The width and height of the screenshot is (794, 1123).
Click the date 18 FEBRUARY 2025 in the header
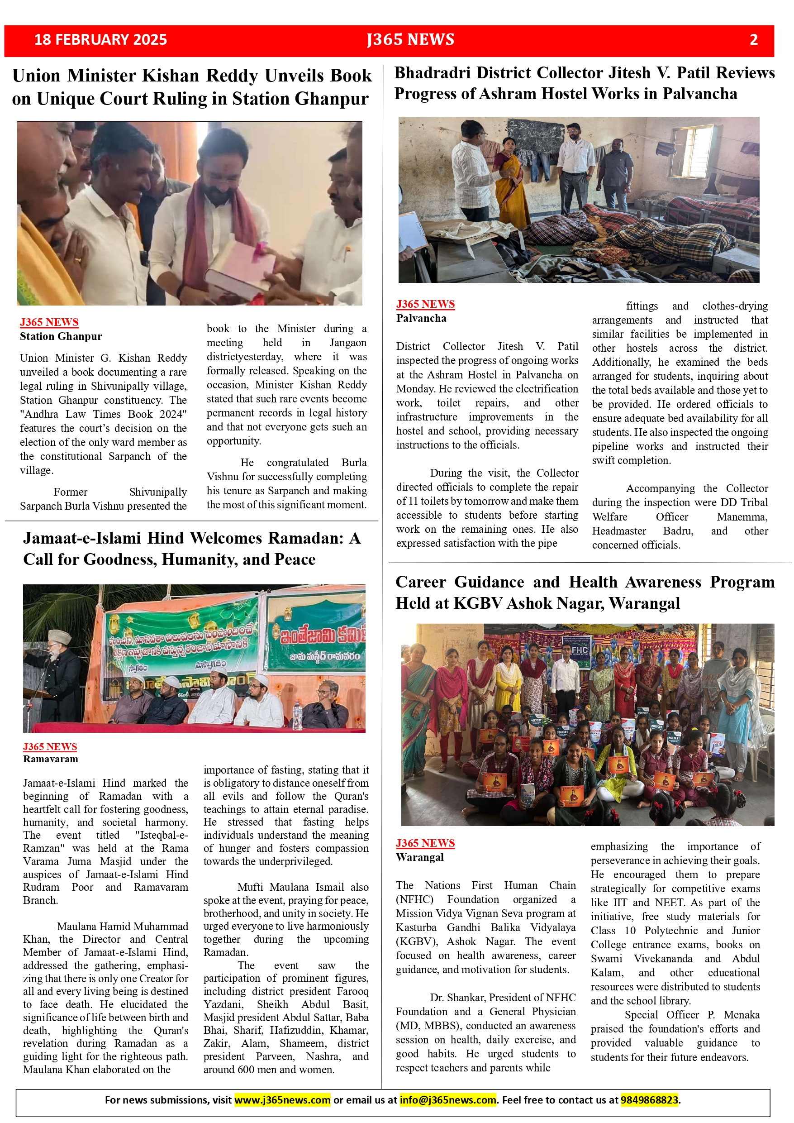pyautogui.click(x=100, y=40)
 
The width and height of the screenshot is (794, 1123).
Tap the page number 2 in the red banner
pyautogui.click(x=753, y=40)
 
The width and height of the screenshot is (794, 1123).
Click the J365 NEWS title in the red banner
pyautogui.click(x=410, y=40)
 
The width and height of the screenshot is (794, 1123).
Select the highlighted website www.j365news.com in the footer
pyautogui.click(x=282, y=1099)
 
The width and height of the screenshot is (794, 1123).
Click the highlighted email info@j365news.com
pyautogui.click(x=447, y=1099)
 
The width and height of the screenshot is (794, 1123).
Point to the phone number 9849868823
pyautogui.click(x=649, y=1099)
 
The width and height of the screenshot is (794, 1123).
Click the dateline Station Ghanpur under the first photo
pyautogui.click(x=61, y=336)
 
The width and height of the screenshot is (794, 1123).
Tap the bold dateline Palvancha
pyautogui.click(x=421, y=318)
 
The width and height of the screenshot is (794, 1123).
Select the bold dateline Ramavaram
pyautogui.click(x=50, y=759)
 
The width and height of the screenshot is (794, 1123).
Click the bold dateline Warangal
pyautogui.click(x=419, y=857)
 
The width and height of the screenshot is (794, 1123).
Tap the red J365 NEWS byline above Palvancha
pyautogui.click(x=425, y=304)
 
